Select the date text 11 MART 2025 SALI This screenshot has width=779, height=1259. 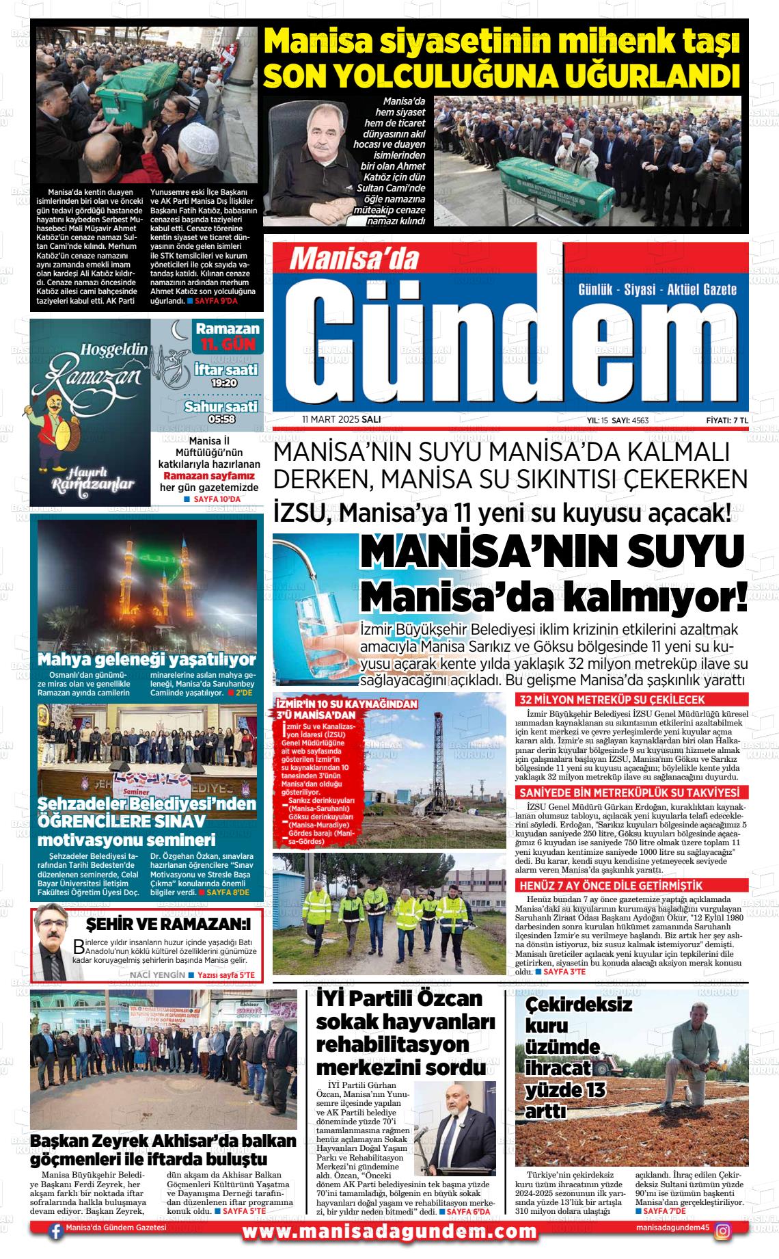tap(341, 419)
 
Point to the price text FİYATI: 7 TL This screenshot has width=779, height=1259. tap(727, 420)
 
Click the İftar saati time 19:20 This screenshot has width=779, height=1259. tap(224, 383)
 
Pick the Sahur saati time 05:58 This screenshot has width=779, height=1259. tap(223, 419)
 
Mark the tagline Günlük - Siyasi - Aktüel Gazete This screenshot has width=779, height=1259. tap(657, 289)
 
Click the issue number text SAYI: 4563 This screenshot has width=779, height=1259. tap(629, 420)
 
